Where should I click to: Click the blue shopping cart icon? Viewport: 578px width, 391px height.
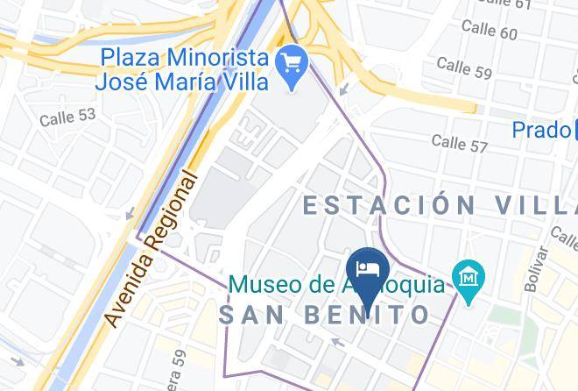coord(290,62)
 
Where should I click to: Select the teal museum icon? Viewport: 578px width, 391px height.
coord(469,278)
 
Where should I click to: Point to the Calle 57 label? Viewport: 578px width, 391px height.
coord(459,143)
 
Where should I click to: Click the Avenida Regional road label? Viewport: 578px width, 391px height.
coord(152,249)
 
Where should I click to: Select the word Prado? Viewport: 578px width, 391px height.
coord(541,130)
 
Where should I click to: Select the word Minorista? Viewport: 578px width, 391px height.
coord(210,58)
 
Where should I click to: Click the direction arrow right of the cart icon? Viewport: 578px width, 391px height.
coord(344,89)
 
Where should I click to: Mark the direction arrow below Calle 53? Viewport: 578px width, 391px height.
coord(130,214)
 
